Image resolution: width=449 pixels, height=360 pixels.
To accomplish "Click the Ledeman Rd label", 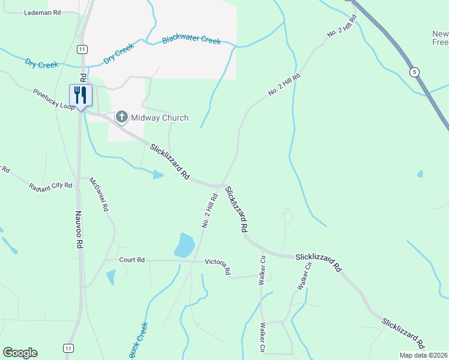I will coord(42,13).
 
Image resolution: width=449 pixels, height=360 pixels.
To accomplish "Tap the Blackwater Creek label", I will coord(191,40).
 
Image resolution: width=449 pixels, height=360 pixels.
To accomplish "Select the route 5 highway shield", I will coord(414,72).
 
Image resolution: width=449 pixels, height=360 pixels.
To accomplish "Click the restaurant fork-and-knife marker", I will coord(80,95).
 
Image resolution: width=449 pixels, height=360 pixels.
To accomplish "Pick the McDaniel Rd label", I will coord(98,194).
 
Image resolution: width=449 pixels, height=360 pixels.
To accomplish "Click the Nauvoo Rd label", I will coord(79,230).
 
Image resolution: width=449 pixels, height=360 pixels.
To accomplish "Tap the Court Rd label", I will coord(132,260).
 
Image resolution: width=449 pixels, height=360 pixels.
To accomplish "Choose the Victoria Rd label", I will coord(218,266).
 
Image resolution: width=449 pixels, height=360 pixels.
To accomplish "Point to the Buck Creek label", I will coord(139,340).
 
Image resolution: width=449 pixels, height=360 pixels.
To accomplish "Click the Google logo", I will coord(20,353).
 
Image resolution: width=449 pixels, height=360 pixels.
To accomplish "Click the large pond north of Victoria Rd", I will coord(184,245).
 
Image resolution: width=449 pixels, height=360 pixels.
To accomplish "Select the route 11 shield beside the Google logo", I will coord(68,348).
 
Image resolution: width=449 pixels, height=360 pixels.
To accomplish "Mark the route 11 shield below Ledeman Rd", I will coord(82,48).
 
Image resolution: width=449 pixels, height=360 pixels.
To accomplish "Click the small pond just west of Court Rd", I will coord(110,277).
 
